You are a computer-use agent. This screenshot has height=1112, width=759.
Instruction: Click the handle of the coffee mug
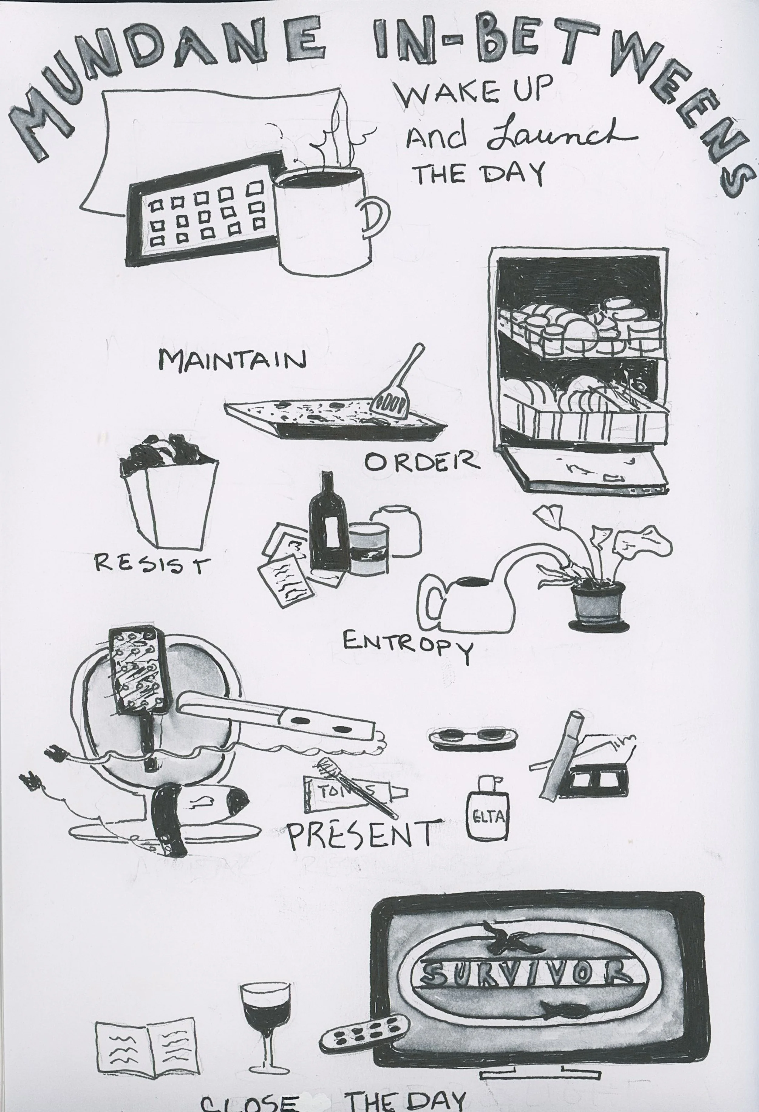[x=376, y=218]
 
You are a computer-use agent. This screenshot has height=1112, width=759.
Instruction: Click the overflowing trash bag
[x=167, y=498]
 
